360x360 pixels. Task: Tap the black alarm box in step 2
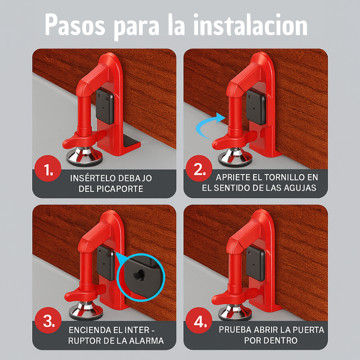pos(255,106)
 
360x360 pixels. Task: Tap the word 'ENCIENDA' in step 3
pos(91,329)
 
